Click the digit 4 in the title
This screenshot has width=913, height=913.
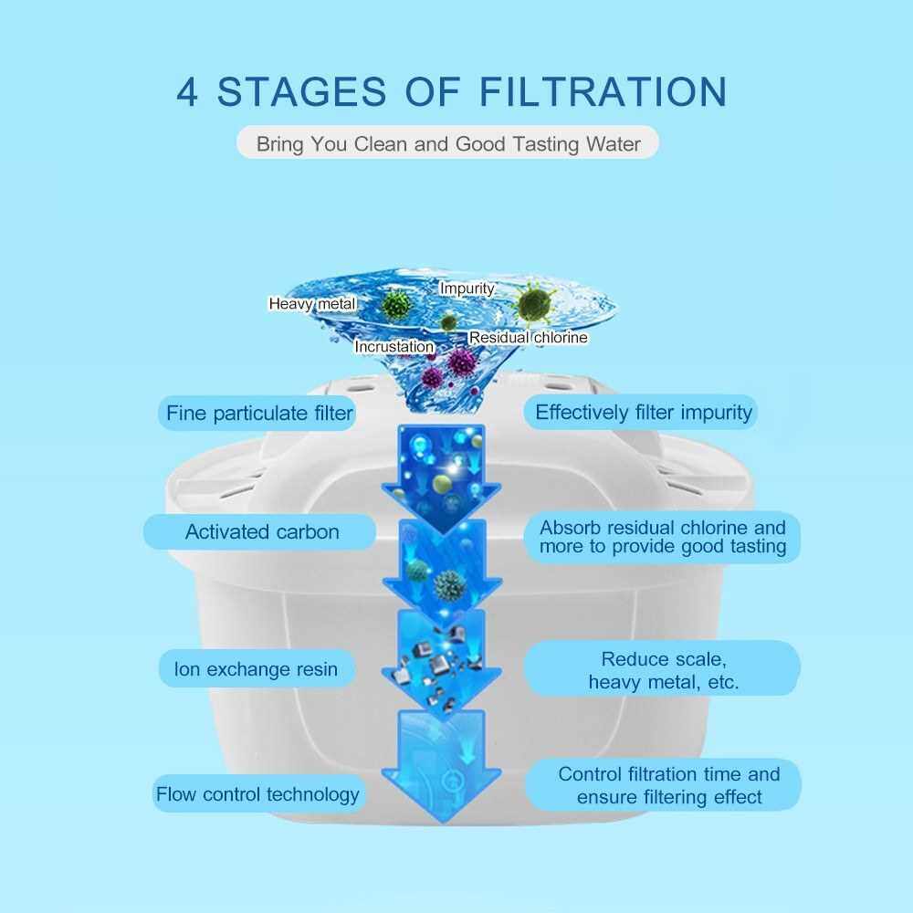pos(187,92)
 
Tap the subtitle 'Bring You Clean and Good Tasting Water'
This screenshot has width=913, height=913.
pos(447,144)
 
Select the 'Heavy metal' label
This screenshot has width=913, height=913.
pos(311,303)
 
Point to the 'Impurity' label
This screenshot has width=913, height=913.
pos(467,289)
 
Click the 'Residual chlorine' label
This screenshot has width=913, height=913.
pos(528,338)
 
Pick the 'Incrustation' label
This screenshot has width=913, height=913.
pos(394,347)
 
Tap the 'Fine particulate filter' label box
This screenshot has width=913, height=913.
pos(259,414)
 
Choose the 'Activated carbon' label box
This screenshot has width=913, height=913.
pos(262,531)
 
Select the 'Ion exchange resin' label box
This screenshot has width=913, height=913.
pos(256,669)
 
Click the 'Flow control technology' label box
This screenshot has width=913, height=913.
pos(257,794)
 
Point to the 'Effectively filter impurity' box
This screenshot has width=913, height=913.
pos(644,412)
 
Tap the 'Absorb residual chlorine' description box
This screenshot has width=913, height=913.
pos(662,537)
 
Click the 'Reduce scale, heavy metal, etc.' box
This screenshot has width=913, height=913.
pos(663,670)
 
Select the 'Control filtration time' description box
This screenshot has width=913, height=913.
pos(669,785)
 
